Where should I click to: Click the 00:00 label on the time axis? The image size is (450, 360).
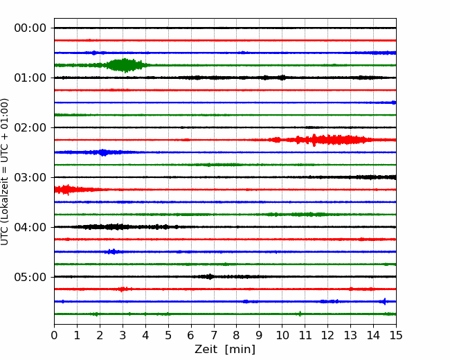(30, 28)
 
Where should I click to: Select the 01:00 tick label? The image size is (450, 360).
(30, 78)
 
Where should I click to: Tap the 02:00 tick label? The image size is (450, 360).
(30, 127)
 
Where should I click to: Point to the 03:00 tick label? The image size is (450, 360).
(30, 177)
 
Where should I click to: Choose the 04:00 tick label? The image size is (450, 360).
(30, 227)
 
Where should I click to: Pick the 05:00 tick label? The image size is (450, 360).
(30, 277)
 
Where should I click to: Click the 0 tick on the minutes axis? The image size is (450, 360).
(54, 335)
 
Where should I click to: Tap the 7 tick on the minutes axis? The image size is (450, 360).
(213, 335)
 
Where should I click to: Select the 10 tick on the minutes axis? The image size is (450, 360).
(282, 335)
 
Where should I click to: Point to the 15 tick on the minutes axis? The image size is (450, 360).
(396, 335)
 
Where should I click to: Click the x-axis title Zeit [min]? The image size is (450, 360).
(225, 350)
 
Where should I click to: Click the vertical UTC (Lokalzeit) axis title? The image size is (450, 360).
(5, 172)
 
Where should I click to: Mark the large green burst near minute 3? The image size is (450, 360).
(124, 66)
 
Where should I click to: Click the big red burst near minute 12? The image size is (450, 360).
(330, 140)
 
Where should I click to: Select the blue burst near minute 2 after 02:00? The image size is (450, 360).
(102, 152)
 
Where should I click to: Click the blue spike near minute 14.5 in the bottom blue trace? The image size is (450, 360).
(384, 301)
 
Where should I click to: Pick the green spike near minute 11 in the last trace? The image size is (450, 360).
(300, 314)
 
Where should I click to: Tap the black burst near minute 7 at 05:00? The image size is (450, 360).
(210, 277)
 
